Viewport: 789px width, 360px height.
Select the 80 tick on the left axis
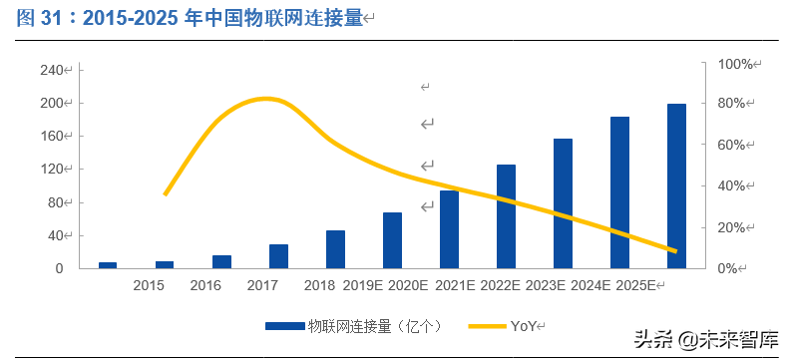54,202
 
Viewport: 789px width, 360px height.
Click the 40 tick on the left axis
54,235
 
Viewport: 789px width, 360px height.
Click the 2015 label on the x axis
149,286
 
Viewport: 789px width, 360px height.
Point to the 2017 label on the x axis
262,286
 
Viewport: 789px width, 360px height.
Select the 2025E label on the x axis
634,286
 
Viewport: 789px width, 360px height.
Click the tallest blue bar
676,185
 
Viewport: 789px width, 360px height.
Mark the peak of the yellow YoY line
263,99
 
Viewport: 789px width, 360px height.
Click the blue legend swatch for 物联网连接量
283,325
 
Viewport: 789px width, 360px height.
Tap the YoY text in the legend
524,325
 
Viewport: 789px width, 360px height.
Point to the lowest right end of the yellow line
676,251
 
